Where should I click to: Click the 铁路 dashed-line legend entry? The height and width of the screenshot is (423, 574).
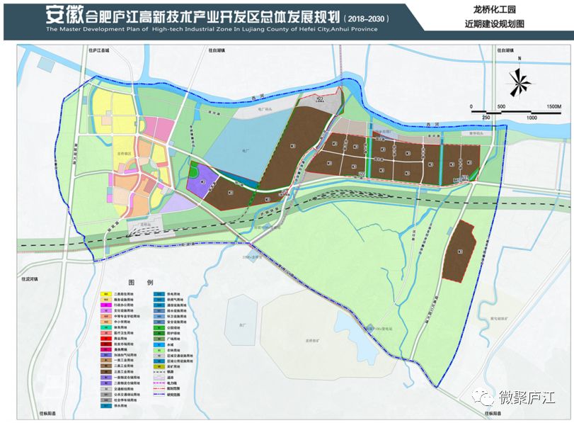coord(159,372)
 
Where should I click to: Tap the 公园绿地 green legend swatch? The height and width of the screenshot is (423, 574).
coord(159,327)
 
